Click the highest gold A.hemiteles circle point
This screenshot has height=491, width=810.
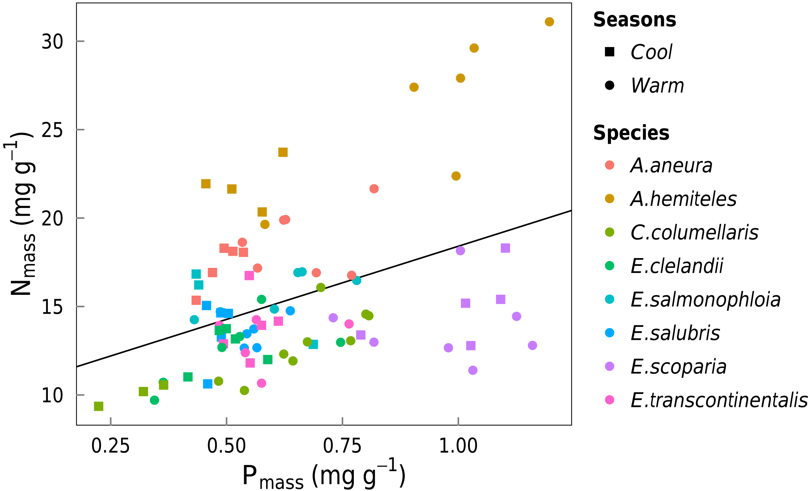tap(549, 22)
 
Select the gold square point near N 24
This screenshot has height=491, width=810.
tap(283, 152)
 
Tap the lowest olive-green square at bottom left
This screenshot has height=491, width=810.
tap(99, 406)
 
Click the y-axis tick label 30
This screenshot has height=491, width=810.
tap(53, 42)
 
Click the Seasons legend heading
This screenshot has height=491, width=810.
tap(634, 20)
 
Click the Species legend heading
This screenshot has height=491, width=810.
tap(631, 133)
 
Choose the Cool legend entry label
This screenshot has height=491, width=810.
tap(651, 52)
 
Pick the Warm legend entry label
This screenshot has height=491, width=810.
tap(657, 85)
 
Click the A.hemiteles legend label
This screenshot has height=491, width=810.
tap(683, 199)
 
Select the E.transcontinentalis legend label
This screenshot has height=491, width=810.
tap(719, 400)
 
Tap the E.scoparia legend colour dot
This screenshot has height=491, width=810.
tap(609, 366)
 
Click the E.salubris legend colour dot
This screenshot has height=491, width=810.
tap(609, 333)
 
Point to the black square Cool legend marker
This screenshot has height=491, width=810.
tap(609, 52)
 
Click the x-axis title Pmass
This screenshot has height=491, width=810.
tap(323, 476)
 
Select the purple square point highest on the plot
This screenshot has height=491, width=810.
tap(505, 248)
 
